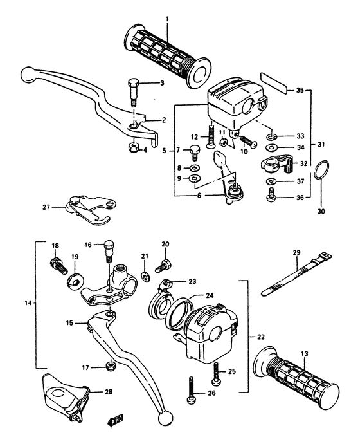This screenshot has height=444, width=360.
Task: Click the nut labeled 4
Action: point(134,149)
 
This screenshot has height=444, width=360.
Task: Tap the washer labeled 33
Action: point(272,136)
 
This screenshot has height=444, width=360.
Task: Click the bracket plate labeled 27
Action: point(84,208)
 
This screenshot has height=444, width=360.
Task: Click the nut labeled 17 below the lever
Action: point(110,367)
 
